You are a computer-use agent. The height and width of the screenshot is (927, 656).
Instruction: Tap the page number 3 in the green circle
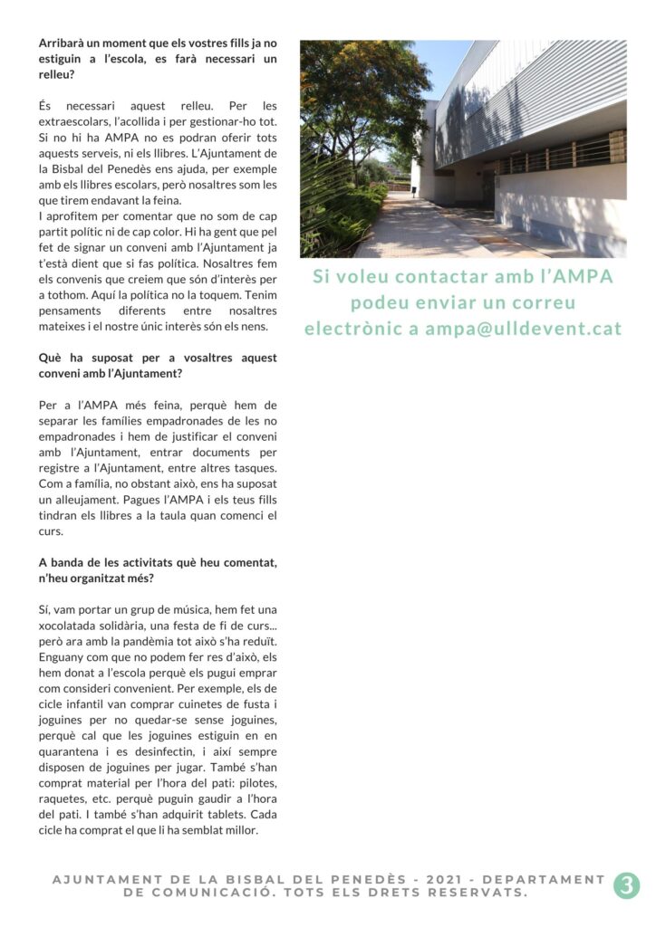[x=626, y=885]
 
